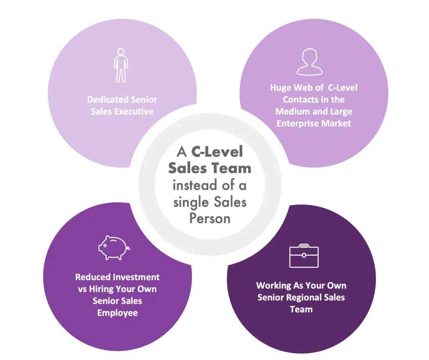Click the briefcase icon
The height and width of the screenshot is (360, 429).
pyautogui.click(x=304, y=256)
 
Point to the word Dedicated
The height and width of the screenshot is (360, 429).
pyautogui.click(x=107, y=100)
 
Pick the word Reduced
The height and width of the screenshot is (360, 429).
pyautogui.click(x=93, y=277)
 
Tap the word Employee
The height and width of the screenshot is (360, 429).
pyautogui.click(x=117, y=313)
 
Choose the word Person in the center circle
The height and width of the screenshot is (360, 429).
pyautogui.click(x=210, y=218)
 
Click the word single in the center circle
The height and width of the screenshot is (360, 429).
pyautogui.click(x=191, y=202)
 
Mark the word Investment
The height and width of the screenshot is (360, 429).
pyautogui.click(x=136, y=277)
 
